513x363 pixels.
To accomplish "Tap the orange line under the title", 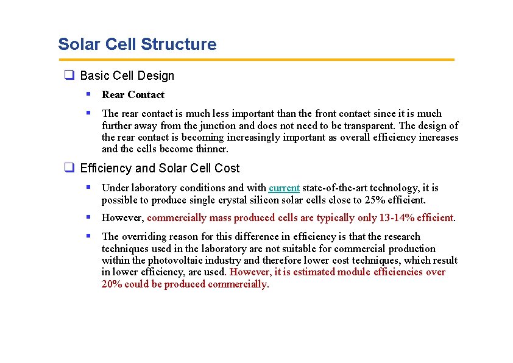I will (x=256, y=60).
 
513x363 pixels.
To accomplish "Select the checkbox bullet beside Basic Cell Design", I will (x=69, y=76).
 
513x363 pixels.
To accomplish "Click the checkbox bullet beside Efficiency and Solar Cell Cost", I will (x=69, y=168).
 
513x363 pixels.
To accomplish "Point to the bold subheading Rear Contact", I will (x=133, y=95).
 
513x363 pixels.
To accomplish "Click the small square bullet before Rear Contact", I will (x=88, y=94).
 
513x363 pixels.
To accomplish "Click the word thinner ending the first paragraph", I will (x=210, y=149).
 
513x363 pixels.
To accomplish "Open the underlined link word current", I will (x=284, y=188).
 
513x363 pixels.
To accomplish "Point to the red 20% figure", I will (x=113, y=284).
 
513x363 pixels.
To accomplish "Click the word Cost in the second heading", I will (x=227, y=168).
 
